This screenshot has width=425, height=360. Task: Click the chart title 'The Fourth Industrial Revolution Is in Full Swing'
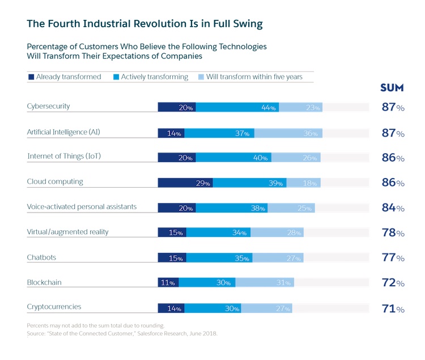click(144, 24)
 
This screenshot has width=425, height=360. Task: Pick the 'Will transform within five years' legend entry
click(250, 77)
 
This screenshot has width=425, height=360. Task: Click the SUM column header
click(392, 88)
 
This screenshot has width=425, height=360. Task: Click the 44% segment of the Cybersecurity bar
click(237, 107)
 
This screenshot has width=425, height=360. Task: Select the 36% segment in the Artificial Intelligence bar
click(288, 133)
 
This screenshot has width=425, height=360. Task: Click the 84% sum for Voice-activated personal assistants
click(393, 207)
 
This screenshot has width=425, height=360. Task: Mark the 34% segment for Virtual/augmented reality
click(218, 232)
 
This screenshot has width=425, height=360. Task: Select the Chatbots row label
click(41, 257)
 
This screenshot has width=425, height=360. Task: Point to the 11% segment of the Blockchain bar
click(168, 282)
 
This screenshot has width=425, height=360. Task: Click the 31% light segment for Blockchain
click(265, 282)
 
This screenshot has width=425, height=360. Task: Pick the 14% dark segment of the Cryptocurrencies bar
click(171, 308)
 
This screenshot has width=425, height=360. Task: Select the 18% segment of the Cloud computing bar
click(303, 183)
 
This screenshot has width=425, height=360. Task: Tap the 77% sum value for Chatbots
click(393, 258)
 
